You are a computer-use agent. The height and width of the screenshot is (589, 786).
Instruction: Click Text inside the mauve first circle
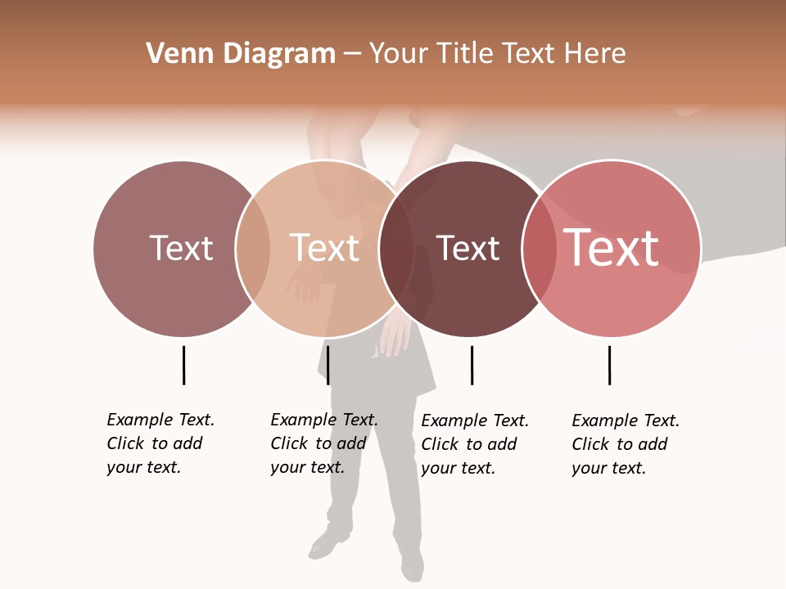[181, 248]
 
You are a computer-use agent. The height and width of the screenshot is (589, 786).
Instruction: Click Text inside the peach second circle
[324, 248]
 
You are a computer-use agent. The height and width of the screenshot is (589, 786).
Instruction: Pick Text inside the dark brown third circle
[468, 248]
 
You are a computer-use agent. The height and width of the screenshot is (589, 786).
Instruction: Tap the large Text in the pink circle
[611, 248]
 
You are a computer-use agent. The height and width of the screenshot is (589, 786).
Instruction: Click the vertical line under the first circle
[183, 365]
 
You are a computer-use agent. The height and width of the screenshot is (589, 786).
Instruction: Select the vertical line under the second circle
[327, 365]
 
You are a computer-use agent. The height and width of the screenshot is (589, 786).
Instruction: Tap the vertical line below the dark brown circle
[472, 365]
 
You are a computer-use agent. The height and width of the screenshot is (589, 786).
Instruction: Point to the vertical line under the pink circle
[609, 365]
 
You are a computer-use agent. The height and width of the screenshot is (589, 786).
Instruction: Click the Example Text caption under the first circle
[160, 443]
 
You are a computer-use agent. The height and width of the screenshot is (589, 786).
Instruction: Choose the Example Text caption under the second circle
[323, 443]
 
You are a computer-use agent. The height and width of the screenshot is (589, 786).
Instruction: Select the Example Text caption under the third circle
[474, 444]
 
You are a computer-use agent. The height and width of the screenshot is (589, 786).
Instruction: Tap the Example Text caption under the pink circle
[625, 444]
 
